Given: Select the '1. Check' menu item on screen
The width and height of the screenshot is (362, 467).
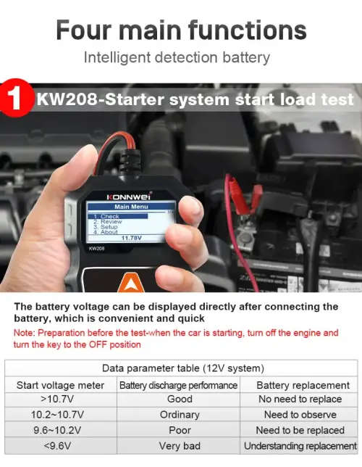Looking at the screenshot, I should pos(109,216).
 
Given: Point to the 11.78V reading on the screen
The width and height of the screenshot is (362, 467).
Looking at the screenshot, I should pos(130,237).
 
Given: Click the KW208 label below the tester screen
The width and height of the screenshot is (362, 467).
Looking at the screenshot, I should pos(98,249).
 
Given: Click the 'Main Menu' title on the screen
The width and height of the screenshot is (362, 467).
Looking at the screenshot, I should pos(130,207).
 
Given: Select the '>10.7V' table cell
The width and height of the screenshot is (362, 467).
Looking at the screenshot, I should pos(60,399).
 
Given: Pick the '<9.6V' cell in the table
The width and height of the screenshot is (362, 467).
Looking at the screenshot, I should pos(60,445).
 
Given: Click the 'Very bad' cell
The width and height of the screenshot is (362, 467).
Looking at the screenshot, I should pos(179,445).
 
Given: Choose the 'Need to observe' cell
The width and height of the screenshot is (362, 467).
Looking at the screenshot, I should pos(300,415).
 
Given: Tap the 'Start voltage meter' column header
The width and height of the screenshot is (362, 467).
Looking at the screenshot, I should pos(60,385).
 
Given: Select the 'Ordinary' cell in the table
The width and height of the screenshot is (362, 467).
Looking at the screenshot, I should pos(179,415).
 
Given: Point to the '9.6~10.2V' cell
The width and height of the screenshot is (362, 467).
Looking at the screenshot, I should pos(60,430).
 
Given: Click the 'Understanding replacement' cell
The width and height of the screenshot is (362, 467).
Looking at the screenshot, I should pos(300,445).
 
